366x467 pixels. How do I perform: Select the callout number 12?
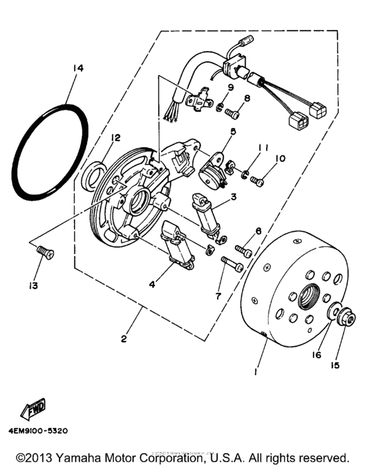pos(115,138)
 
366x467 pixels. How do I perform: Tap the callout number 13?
pos(32,285)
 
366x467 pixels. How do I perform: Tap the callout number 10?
pos(263,159)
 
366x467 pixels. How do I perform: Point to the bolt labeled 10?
pos(257,178)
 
